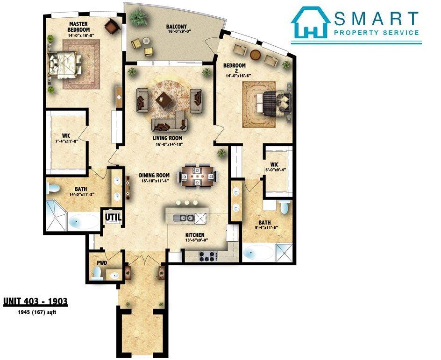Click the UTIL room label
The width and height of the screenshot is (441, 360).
pyautogui.click(x=113, y=217)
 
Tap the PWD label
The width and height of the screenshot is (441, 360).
pyautogui.click(x=102, y=263)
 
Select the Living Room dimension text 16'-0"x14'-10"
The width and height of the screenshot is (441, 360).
pyautogui.click(x=167, y=144)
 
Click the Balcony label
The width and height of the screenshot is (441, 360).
pyautogui.click(x=176, y=27)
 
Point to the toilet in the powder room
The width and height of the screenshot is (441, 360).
pyautogui.click(x=97, y=273)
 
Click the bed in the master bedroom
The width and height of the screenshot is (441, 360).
pyautogui.click(x=64, y=64)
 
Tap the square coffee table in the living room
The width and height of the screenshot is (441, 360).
pyautogui.click(x=163, y=99)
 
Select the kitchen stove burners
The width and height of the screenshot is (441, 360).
pyautogui.click(x=207, y=257)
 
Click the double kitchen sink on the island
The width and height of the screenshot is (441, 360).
pyautogui.click(x=184, y=218)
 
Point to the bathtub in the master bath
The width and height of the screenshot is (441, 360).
pyautogui.click(x=84, y=221)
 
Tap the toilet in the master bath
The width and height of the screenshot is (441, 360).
pyautogui.click(x=53, y=188)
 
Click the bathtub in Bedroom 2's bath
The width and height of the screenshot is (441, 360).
pyautogui.click(x=258, y=253)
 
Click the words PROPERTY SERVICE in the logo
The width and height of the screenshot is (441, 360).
pyautogui.click(x=377, y=33)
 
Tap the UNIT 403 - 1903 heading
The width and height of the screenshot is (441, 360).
pyautogui.click(x=36, y=302)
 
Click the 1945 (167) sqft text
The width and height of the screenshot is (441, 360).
pyautogui.click(x=37, y=312)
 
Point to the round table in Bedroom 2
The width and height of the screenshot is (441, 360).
pyautogui.click(x=256, y=55)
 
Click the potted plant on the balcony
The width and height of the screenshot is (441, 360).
pyautogui.click(x=138, y=17)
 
